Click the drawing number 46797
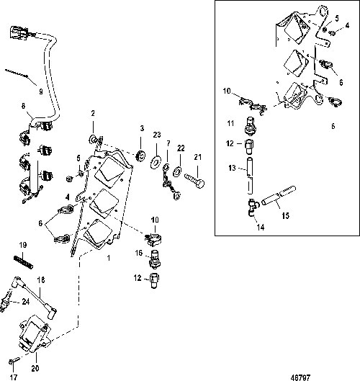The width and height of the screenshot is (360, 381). [300, 377]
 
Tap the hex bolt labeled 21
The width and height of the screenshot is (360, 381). [194, 181]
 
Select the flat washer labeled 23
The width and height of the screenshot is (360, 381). [156, 161]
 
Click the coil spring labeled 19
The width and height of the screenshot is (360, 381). [23, 262]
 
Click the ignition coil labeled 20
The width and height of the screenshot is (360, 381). [35, 333]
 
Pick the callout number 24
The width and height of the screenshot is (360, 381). [26, 302]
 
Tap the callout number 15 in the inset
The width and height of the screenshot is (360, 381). [285, 215]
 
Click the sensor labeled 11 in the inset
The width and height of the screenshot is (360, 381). [251, 125]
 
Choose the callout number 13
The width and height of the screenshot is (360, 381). [232, 168]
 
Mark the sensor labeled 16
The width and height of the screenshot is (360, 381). [156, 259]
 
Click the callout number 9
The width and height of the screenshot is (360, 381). [41, 91]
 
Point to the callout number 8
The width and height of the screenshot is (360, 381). [23, 106]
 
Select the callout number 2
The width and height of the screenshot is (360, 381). [93, 113]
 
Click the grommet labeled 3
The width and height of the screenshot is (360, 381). [140, 156]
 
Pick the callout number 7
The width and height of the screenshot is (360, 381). [168, 143]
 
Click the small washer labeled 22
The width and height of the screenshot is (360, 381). [177, 171]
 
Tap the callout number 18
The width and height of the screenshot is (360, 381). [41, 280]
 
